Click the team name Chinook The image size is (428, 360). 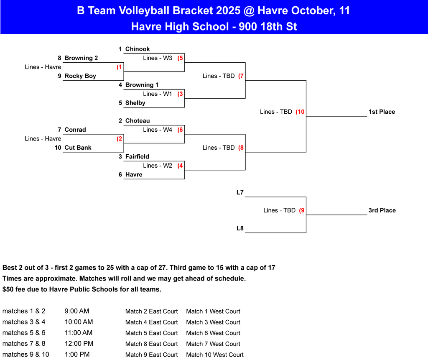tap(138, 49)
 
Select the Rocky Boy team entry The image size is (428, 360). tap(80, 76)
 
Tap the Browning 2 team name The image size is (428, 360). tap(81, 58)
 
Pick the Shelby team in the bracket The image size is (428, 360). tap(135, 103)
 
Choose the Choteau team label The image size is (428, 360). tap(138, 121)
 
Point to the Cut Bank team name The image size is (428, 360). tap(78, 148)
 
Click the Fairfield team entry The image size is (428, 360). tap(137, 157)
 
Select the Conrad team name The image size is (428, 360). tap(75, 130)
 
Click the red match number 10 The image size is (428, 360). tap(300, 112)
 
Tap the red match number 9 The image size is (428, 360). tap(302, 210)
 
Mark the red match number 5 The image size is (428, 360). tap(181, 58)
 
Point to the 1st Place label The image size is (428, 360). tap(382, 112)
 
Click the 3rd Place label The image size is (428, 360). tap(382, 210)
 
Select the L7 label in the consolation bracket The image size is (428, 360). tap(240, 193)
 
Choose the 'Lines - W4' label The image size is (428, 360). tap(158, 130)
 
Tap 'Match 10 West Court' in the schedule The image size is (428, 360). tap(215, 355)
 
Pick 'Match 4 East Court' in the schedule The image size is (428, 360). tap(151, 322)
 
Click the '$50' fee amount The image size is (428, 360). tap(9, 289)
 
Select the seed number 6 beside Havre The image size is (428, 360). tap(120, 175)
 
